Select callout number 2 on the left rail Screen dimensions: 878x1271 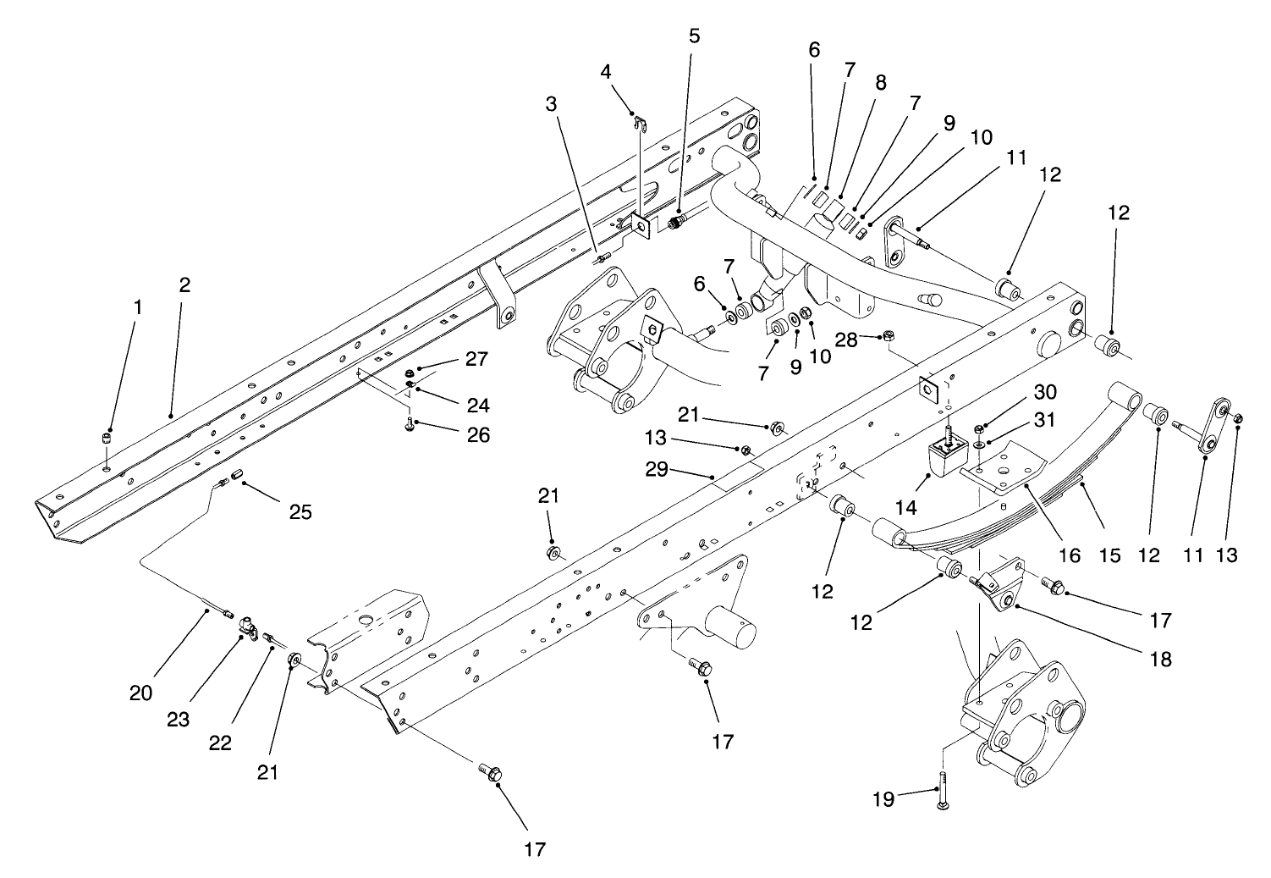pyautogui.click(x=184, y=285)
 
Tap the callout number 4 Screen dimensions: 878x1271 pyautogui.click(x=606, y=71)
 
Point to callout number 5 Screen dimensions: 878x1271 pyautogui.click(x=694, y=36)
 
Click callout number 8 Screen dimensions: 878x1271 pyautogui.click(x=881, y=83)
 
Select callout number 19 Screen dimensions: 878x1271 pyautogui.click(x=883, y=799)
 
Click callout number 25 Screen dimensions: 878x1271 pyautogui.click(x=300, y=512)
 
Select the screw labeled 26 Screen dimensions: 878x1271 pyautogui.click(x=410, y=424)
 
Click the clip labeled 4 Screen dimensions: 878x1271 pyautogui.click(x=641, y=124)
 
